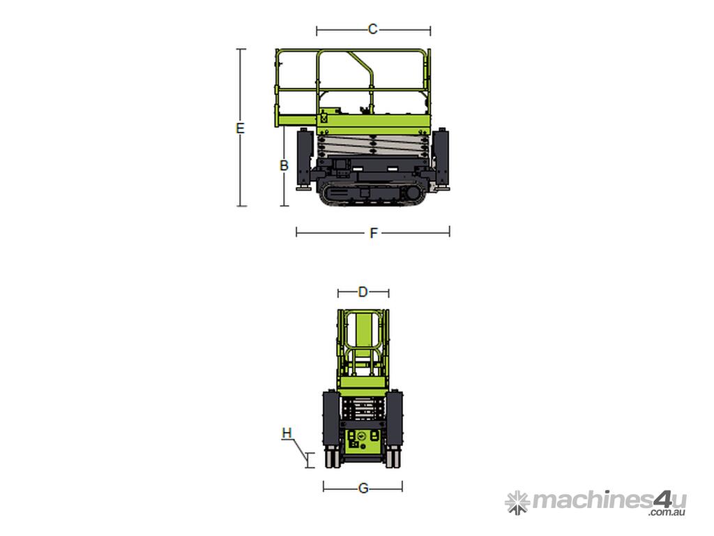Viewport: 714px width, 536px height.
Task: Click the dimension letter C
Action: point(372,29)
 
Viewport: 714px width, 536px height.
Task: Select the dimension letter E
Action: point(240,128)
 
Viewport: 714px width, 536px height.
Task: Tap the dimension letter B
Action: point(284,165)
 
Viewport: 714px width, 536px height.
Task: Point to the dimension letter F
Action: point(374,233)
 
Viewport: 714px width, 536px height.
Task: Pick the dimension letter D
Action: point(363,292)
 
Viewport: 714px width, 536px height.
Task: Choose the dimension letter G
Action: point(363,489)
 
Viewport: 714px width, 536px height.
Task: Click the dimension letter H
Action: point(287,433)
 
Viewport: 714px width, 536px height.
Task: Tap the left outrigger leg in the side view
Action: point(304,160)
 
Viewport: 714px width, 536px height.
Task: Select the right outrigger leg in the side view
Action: point(441,160)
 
